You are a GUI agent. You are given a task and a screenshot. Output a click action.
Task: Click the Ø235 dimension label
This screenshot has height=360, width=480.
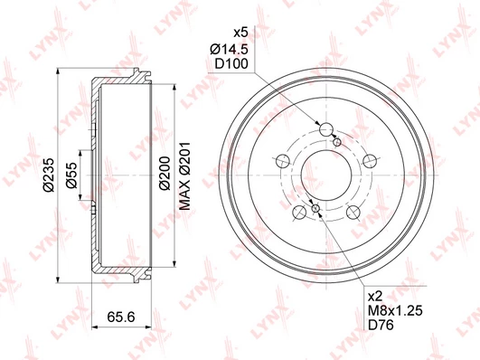(50, 175)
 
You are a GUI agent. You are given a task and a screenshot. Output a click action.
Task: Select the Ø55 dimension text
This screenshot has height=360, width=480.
(72, 175)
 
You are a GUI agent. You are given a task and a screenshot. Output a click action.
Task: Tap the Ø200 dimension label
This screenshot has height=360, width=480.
(165, 173)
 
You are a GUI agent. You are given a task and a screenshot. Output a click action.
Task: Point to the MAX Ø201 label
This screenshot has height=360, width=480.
(185, 175)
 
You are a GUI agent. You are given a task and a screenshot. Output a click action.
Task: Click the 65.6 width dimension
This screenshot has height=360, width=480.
(121, 317)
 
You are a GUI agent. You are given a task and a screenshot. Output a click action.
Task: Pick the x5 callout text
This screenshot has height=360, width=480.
(240, 33)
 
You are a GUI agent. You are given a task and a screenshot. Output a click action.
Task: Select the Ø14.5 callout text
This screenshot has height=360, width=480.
(229, 49)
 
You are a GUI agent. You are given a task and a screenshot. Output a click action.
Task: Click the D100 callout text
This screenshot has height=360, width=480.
(231, 64)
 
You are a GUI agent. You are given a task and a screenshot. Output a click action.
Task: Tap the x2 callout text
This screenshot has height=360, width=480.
(375, 297)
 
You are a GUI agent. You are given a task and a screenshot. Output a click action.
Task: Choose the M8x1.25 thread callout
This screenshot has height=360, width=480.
(395, 310)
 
